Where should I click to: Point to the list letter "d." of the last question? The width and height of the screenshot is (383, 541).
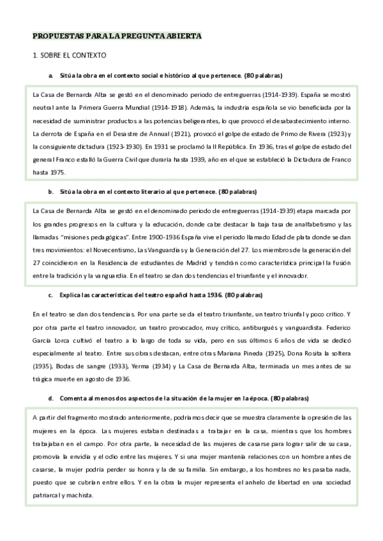tap(51, 398)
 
